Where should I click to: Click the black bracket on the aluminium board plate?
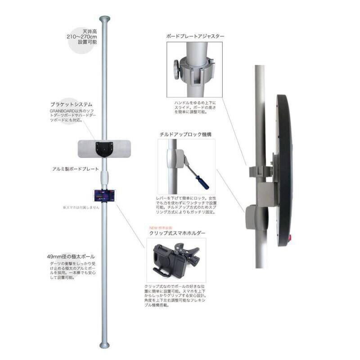tap(104, 148)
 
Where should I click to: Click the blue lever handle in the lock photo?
tap(199, 180)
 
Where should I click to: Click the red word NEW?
tap(154, 227)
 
